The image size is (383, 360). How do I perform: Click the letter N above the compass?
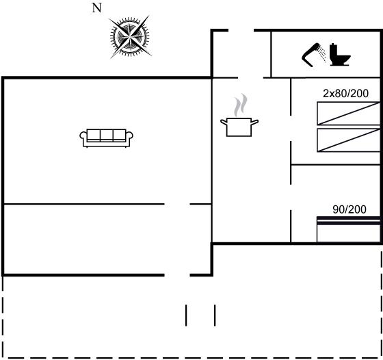pos(96,8)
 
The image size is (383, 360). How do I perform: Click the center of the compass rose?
pos(129,37)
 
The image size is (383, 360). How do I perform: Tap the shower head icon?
pos(311,55)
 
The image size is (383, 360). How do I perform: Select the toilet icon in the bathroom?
pos(340,55)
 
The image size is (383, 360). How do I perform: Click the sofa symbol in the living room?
pos(106,138)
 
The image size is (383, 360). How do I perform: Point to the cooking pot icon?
pos(239,127)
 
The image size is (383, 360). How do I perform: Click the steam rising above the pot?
pos(241,105)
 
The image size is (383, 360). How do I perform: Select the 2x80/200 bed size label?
pos(345,93)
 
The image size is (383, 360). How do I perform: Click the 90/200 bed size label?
pos(349,209)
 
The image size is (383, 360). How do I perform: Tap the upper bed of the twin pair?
pos(349,114)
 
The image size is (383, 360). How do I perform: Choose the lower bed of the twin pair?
pos(349,140)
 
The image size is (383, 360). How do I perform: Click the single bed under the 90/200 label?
pos(349,229)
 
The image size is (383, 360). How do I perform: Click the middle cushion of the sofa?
pos(107,135)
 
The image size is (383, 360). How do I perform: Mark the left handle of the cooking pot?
pos(224,122)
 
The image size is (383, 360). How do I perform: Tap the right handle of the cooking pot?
pos(254,122)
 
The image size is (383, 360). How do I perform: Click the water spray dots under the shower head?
pos(322,55)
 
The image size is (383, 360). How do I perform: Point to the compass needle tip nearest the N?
pos(109,18)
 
